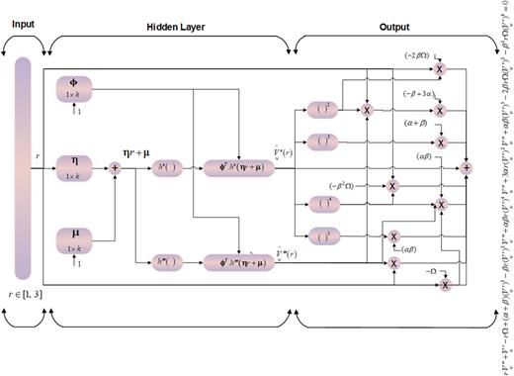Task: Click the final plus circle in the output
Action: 467,168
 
